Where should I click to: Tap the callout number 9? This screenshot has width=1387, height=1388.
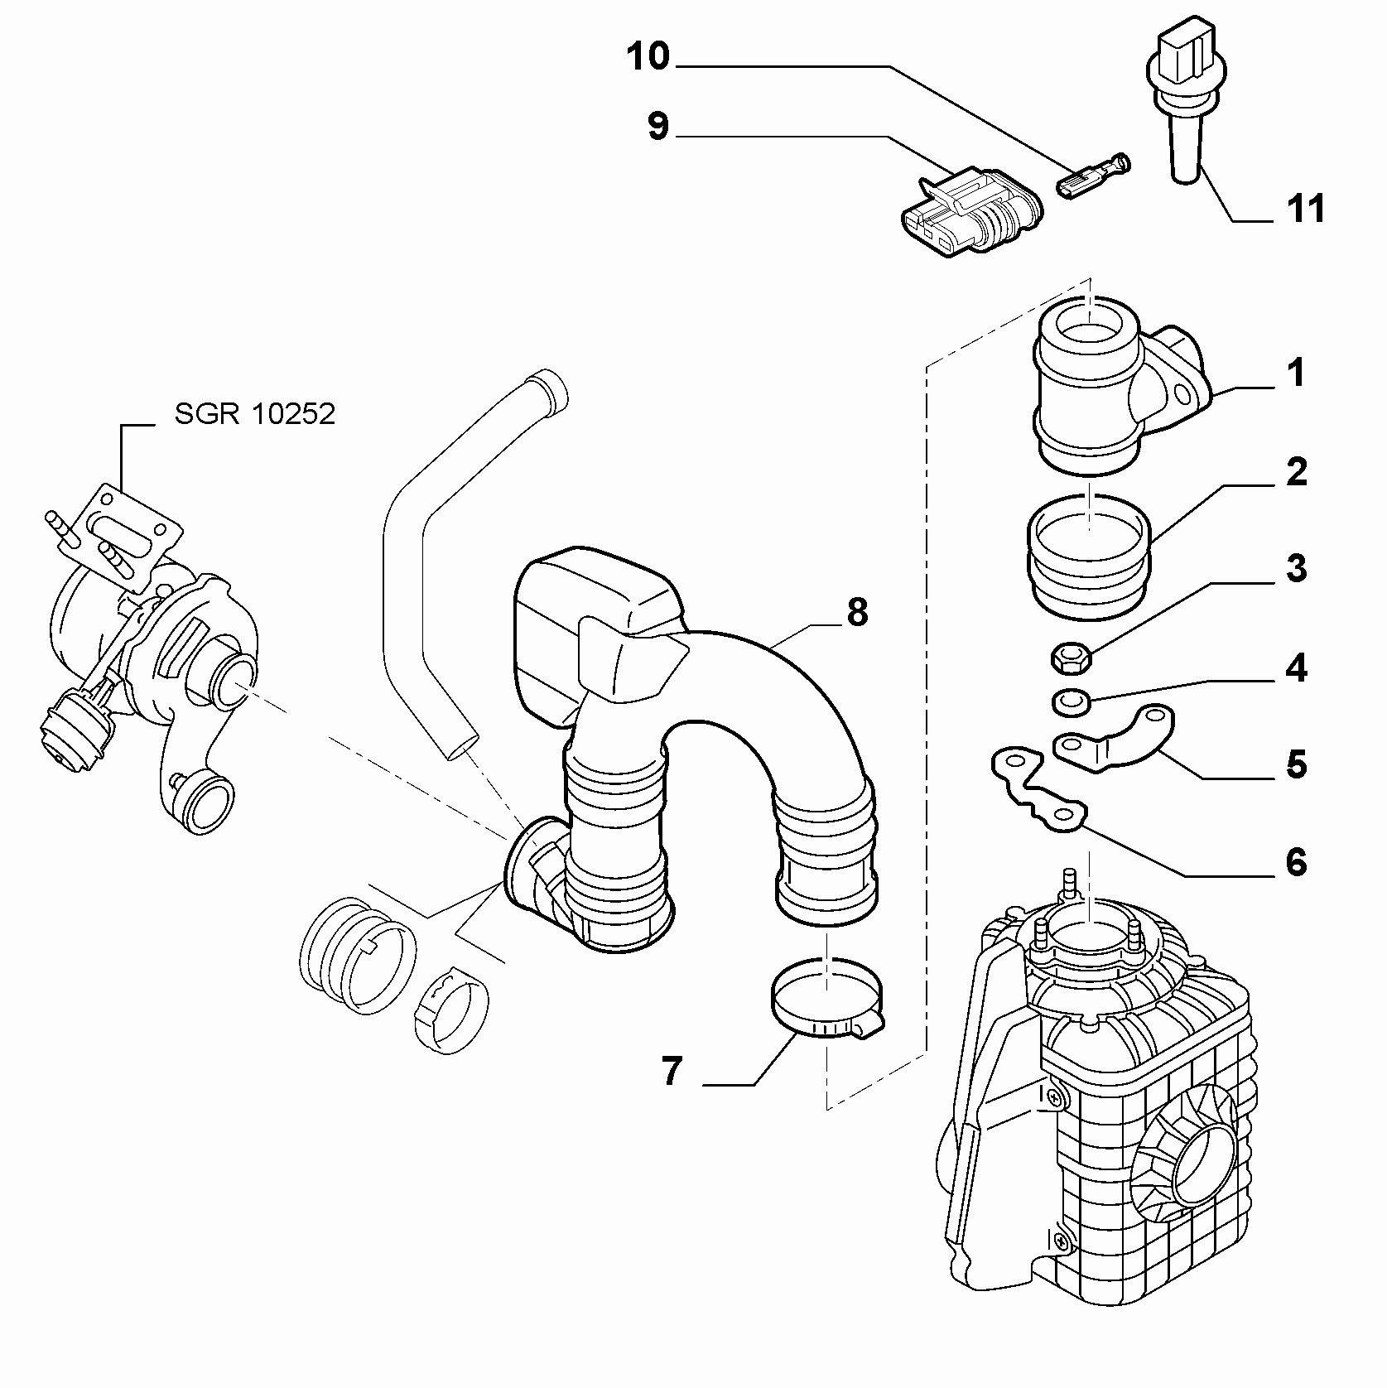658,127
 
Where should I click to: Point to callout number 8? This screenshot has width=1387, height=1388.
856,613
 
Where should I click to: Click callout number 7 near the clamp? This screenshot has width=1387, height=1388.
672,1071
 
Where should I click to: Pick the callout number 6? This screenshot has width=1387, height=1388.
1296,861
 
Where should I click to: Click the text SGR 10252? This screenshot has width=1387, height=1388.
255,413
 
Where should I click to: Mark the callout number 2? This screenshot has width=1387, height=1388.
1296,471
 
